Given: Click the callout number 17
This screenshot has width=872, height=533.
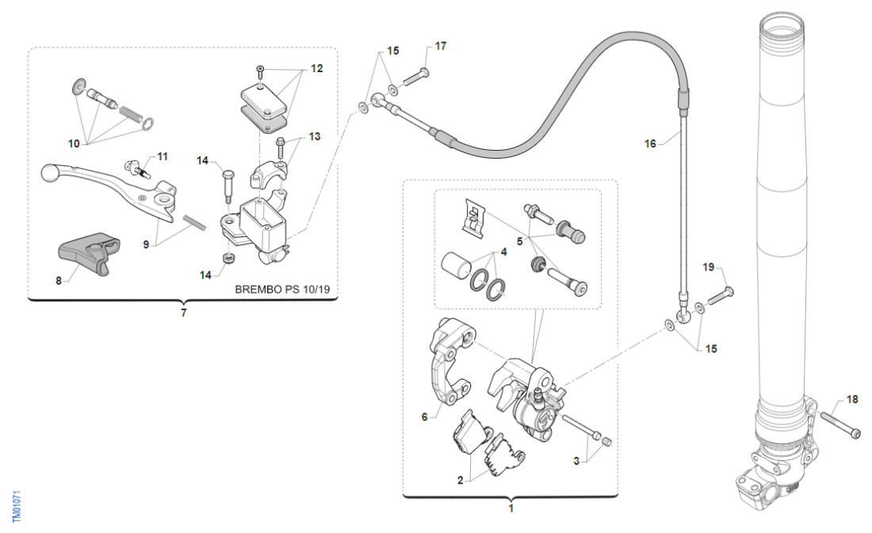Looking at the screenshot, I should click(441, 46).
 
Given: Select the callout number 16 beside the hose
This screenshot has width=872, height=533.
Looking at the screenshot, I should click(651, 144).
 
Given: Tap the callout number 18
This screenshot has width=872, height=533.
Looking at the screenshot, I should click(852, 400).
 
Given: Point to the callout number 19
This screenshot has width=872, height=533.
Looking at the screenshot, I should click(709, 267).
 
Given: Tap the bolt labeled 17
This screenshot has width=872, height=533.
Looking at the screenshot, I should click(417, 77).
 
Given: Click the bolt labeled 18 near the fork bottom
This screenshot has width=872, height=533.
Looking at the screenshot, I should click(841, 425).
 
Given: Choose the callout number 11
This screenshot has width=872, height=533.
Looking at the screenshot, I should click(162, 156).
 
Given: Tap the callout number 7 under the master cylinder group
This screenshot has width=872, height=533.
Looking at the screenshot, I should click(183, 313).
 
